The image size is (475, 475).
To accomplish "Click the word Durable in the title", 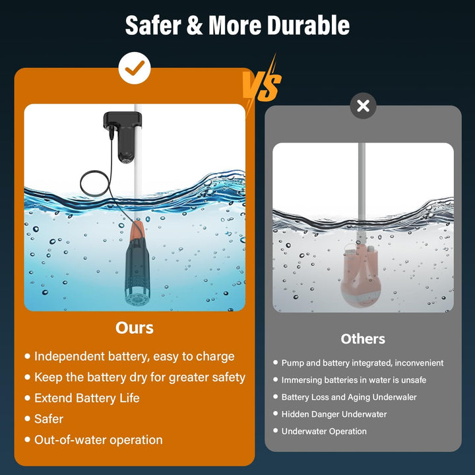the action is click(x=308, y=25).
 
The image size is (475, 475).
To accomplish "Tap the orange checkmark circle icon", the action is click(x=135, y=68).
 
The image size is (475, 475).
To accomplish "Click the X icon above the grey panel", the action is click(x=363, y=106).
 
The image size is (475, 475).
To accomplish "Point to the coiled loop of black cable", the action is click(x=94, y=183).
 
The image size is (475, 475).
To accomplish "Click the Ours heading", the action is click(x=135, y=328).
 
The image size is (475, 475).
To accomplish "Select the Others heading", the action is click(x=363, y=339).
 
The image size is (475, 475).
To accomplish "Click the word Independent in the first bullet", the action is click(x=70, y=356).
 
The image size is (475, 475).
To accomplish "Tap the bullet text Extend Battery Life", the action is click(x=87, y=398).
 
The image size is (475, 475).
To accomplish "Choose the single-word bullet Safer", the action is click(x=49, y=419).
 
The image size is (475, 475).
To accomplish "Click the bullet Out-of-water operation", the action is click(x=98, y=440).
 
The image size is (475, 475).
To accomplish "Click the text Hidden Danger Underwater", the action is click(x=334, y=414).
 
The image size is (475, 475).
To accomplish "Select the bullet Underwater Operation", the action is click(x=324, y=431).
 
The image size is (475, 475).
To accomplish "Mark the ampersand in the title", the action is click(x=195, y=26).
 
